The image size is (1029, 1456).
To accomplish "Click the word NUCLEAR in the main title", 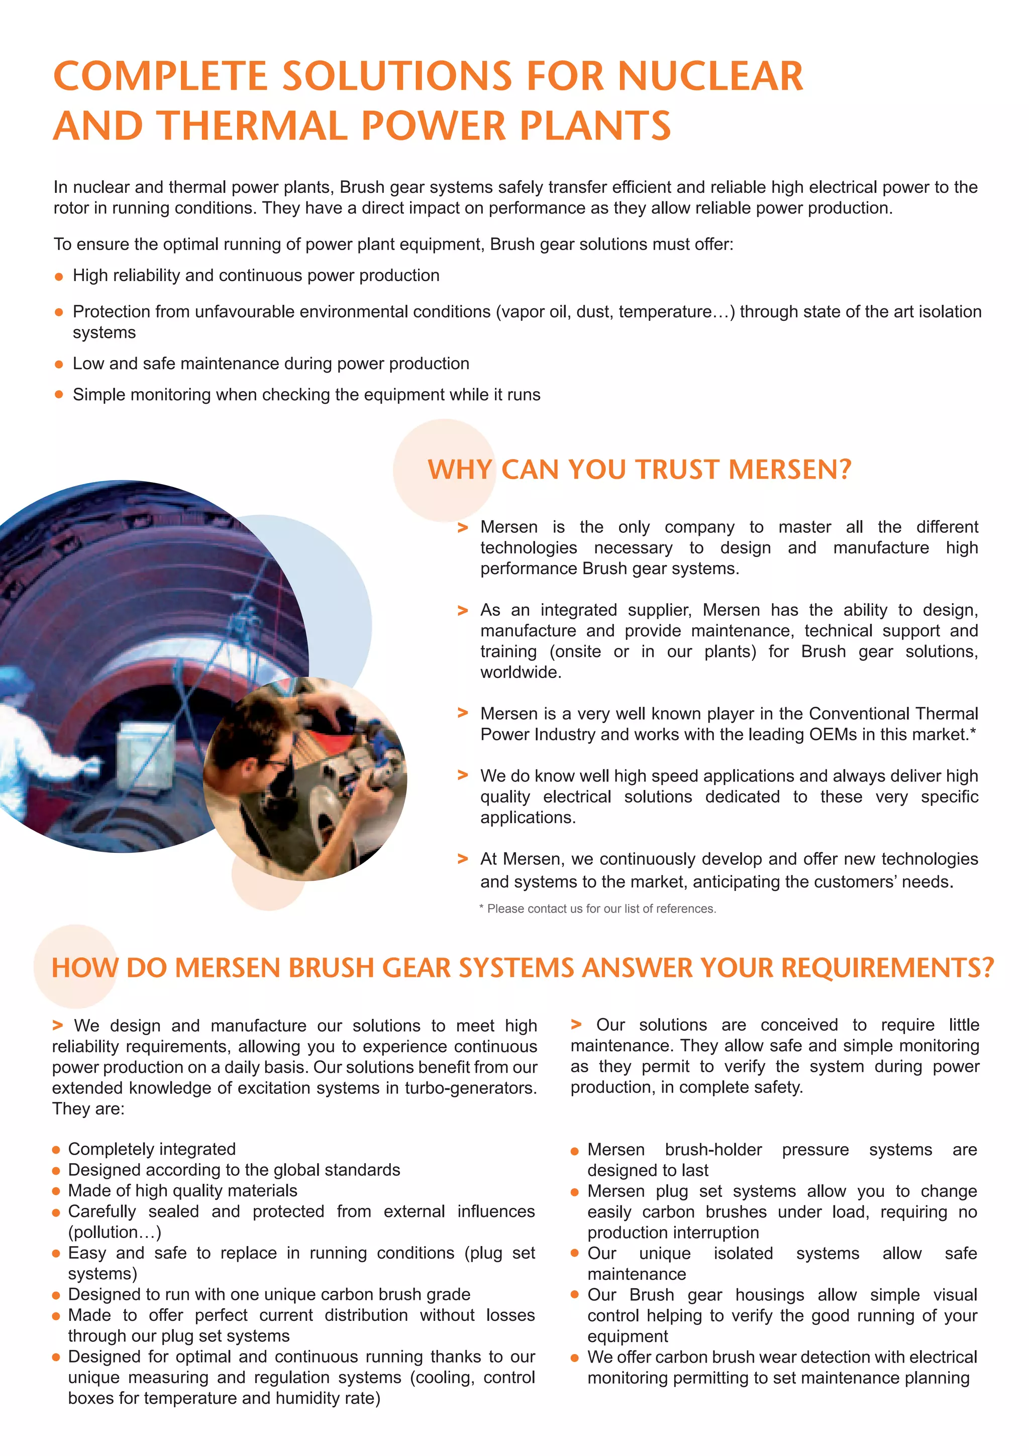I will pyautogui.click(x=710, y=76).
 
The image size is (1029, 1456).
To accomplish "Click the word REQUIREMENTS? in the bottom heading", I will pyautogui.click(x=887, y=968).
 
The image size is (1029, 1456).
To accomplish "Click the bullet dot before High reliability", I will pyautogui.click(x=59, y=277).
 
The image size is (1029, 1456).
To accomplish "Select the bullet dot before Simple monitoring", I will pyautogui.click(x=59, y=395).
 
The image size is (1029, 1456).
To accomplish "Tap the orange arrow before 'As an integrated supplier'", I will pyautogui.click(x=462, y=611).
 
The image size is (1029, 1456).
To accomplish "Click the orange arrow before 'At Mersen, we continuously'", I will pyautogui.click(x=462, y=859).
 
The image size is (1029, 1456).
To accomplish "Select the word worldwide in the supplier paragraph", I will pyautogui.click(x=520, y=672).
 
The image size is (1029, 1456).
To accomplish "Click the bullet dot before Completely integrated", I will pyautogui.click(x=56, y=1150).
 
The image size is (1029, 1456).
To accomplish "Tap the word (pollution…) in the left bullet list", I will pyautogui.click(x=115, y=1232).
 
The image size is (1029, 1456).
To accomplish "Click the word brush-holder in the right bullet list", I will pyautogui.click(x=713, y=1150).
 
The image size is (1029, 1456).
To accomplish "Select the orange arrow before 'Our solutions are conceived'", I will pyautogui.click(x=576, y=1024).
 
